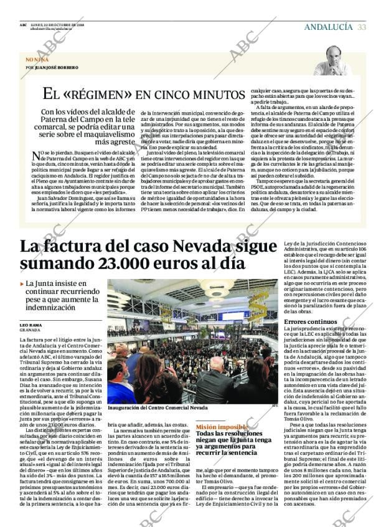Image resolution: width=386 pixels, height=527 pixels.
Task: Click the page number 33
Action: [x=361, y=27]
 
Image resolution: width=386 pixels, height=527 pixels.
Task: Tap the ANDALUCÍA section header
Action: [x=327, y=27]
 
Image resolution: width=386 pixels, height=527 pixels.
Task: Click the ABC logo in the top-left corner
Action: [x=23, y=24]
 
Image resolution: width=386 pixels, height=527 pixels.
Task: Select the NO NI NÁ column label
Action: [x=37, y=59]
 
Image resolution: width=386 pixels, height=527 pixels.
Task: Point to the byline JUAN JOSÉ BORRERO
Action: [x=57, y=67]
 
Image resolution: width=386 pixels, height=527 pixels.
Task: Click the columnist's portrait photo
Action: [x=334, y=60]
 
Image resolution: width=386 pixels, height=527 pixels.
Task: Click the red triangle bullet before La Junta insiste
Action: [x=22, y=283]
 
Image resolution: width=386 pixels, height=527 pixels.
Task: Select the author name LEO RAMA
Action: [x=31, y=325]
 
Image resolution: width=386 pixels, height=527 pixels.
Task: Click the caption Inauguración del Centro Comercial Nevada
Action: [x=158, y=408]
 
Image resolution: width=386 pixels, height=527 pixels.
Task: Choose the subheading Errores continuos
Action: [x=310, y=321]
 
